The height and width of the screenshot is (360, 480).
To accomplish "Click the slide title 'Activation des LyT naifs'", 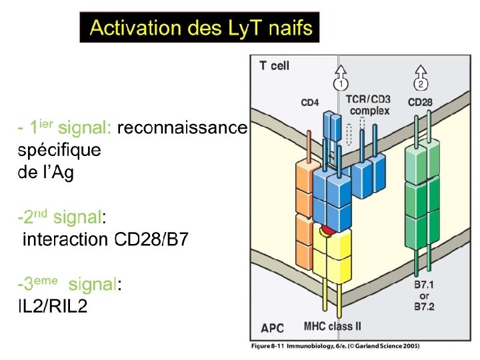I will pos(200,28).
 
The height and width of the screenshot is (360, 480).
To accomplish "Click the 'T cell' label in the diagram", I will pos(273,65).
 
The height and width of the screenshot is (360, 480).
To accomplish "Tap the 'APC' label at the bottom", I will pos(272,328).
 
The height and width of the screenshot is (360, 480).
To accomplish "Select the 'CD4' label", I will pos(310,103).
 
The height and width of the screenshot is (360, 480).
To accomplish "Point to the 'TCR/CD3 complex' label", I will pos(368,105).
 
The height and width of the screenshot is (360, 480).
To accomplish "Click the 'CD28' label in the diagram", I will pos(420,103).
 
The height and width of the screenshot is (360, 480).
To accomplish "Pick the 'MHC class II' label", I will pos(333,326).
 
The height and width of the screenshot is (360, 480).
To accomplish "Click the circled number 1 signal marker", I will pos(341,84).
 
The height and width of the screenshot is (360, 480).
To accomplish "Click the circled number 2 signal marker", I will pos(421,84).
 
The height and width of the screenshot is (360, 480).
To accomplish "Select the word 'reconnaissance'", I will pos(182,127).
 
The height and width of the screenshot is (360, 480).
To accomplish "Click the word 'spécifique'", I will pos(59,150).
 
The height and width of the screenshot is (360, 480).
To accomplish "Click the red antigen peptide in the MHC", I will pos(327,231).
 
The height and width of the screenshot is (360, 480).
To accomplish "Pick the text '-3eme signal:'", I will pos(69,285).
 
